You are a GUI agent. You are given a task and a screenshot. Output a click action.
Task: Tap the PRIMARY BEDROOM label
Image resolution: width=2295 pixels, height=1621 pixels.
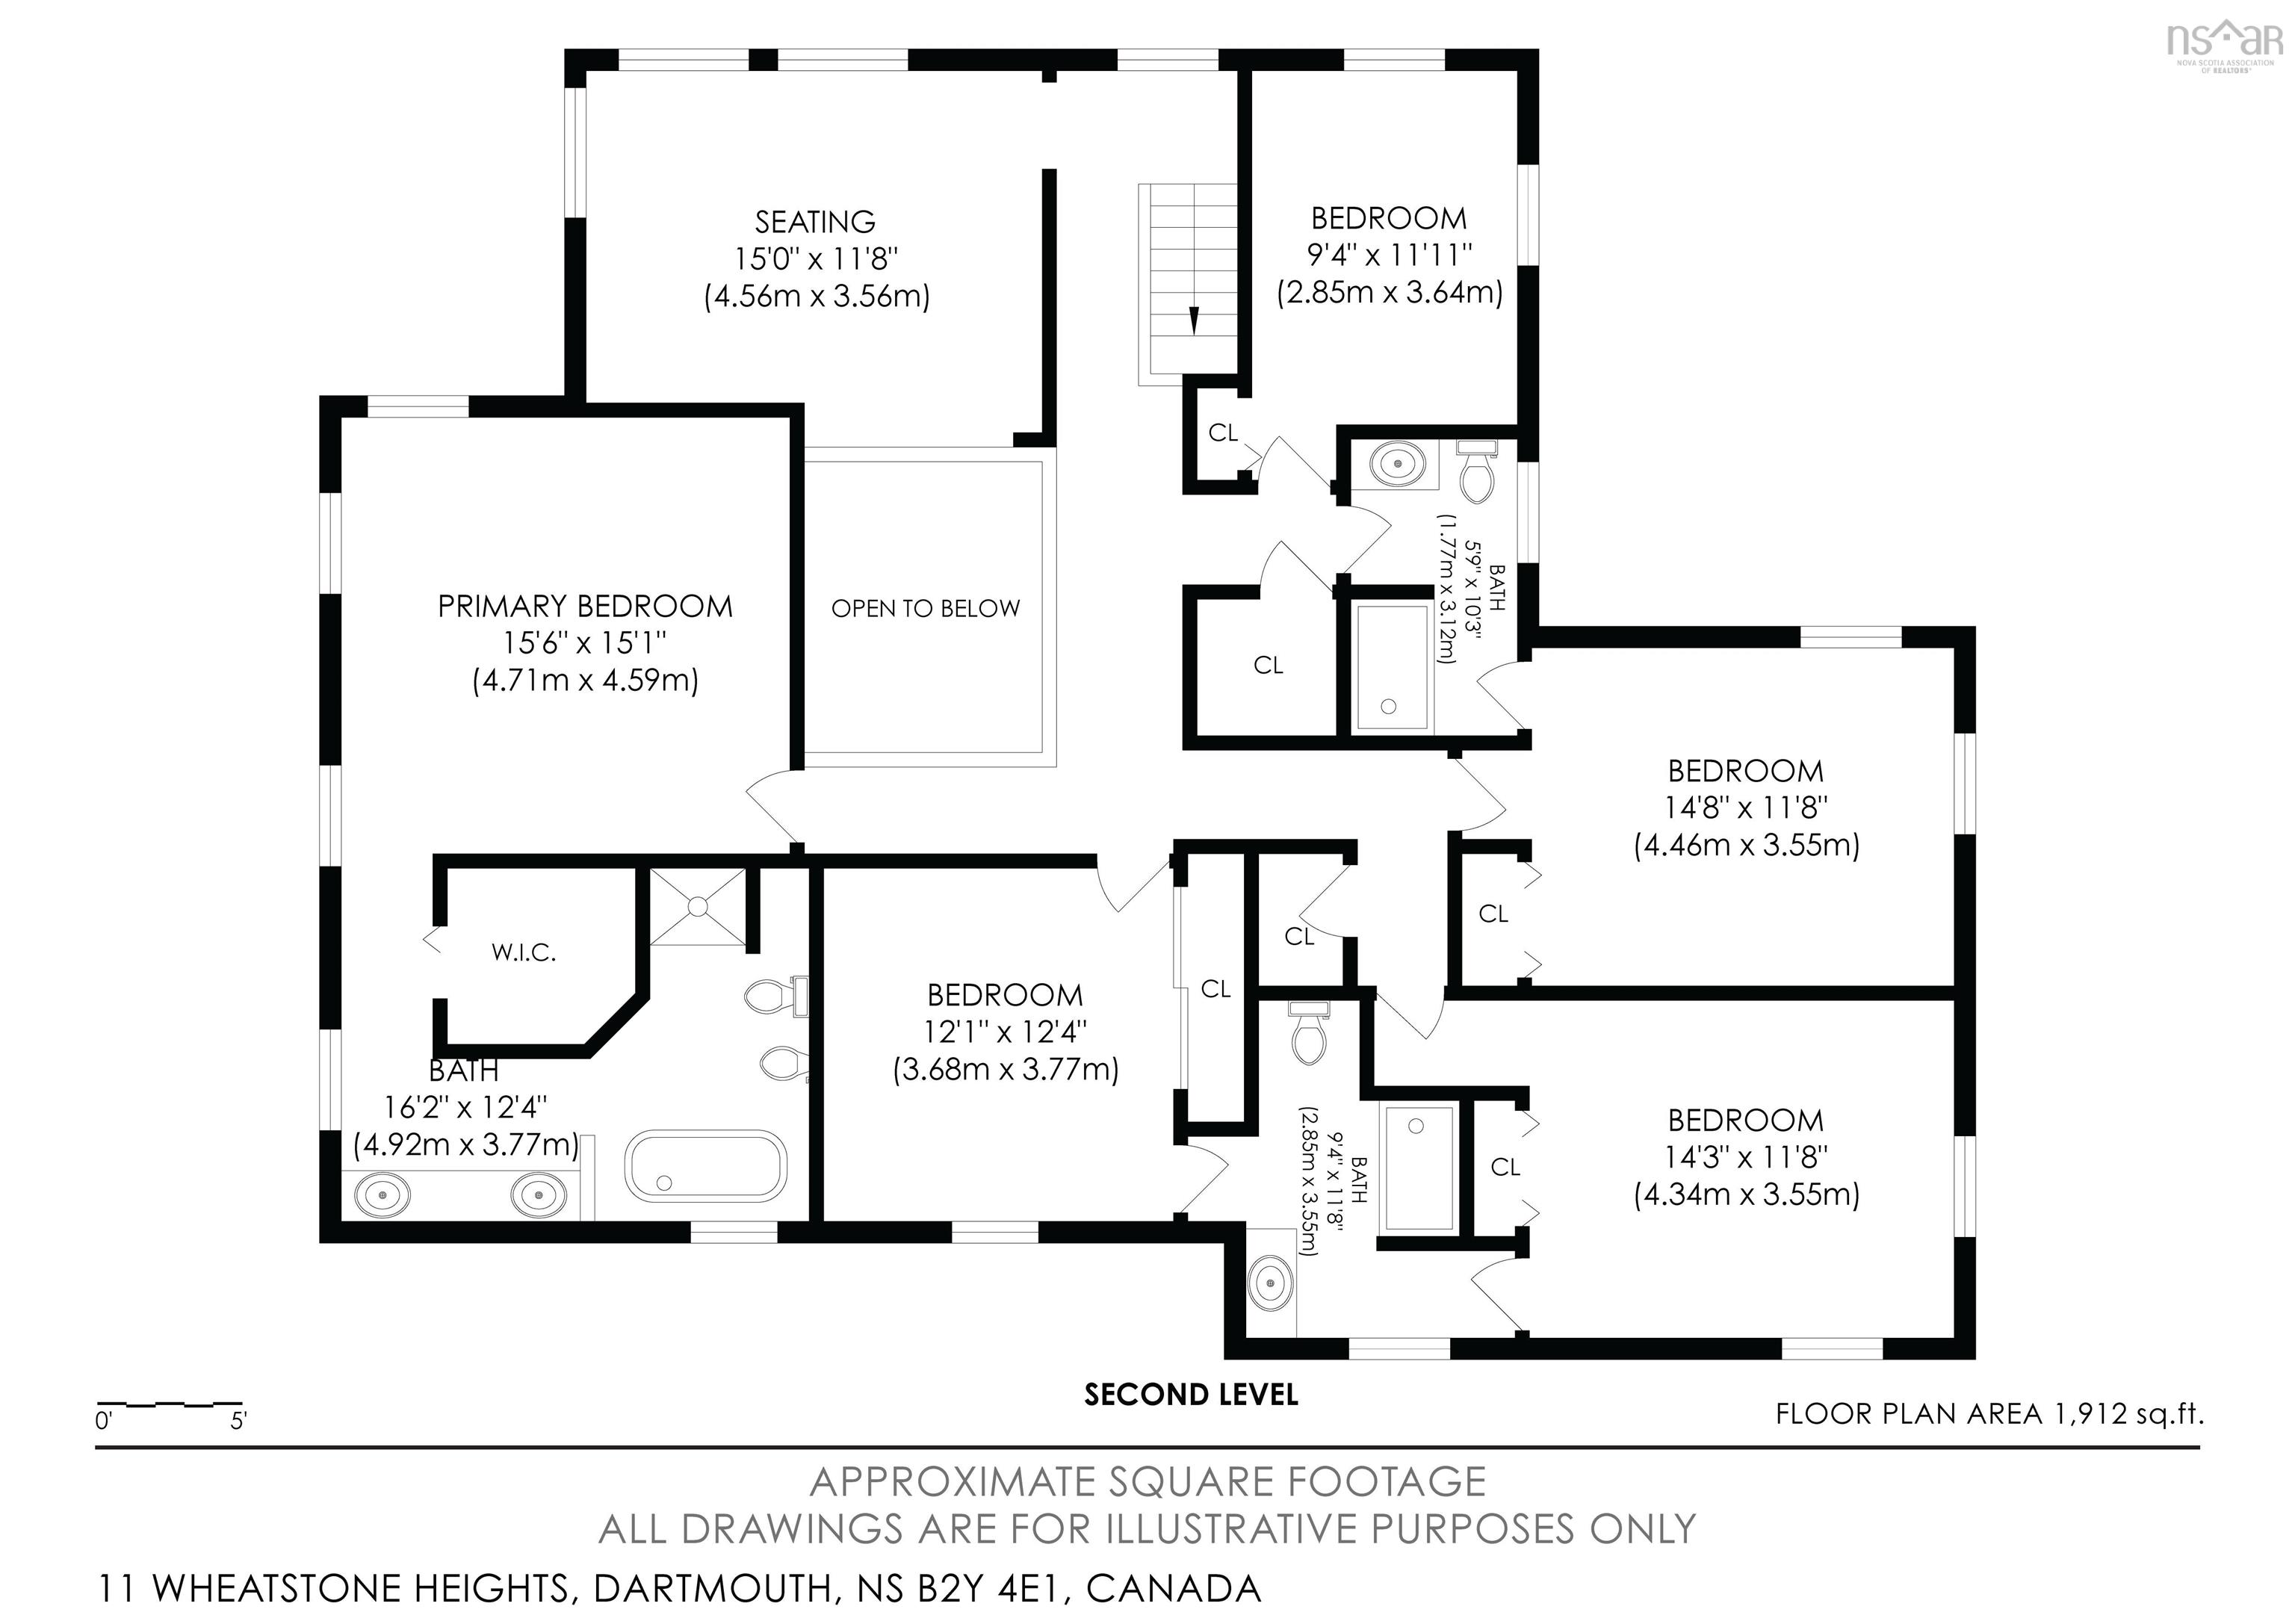585,607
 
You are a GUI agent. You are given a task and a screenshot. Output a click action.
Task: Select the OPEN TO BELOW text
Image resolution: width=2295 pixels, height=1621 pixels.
926,609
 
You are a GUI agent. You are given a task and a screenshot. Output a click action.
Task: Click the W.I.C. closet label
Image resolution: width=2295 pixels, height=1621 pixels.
524,953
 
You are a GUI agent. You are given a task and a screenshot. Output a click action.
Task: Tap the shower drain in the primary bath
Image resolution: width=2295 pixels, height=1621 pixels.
698,906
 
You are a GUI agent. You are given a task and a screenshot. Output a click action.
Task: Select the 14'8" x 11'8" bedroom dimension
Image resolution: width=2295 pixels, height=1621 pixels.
1745,808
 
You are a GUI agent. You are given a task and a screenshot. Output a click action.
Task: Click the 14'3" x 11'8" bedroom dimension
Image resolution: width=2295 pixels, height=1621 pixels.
1745,1157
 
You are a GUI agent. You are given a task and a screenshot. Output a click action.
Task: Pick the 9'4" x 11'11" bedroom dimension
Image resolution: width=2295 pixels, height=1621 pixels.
1390,255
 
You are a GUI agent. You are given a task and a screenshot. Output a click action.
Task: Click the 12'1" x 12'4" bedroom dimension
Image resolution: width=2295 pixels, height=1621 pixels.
1005,1032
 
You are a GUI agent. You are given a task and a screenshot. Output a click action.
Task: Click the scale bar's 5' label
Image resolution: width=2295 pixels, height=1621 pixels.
238,1421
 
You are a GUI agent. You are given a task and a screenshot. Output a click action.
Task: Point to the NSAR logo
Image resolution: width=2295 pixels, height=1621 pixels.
2224,43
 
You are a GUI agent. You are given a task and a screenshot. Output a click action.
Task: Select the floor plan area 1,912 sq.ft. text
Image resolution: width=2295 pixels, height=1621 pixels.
1989,1414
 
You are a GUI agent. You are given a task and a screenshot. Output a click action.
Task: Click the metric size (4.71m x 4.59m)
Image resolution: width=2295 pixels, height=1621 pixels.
585,681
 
